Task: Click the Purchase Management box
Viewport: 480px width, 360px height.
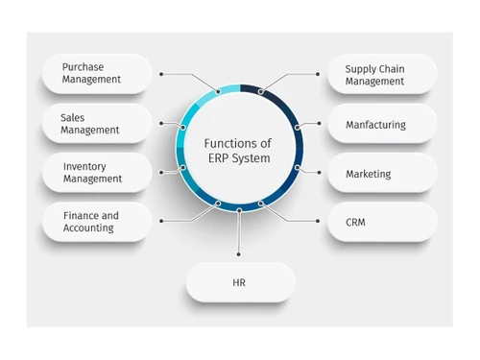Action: pos(96,74)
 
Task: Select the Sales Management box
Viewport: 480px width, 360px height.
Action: pos(96,124)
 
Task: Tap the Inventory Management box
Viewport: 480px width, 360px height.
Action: pos(96,173)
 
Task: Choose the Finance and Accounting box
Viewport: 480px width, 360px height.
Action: pos(96,222)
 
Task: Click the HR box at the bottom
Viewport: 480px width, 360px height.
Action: pos(240,283)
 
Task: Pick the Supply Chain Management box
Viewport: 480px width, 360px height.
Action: pos(382,74)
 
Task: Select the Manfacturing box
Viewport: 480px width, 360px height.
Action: pos(382,124)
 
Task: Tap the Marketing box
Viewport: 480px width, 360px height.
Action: pos(382,174)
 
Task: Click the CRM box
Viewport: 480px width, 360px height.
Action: pos(382,222)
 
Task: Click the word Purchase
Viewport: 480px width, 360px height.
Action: pos(84,67)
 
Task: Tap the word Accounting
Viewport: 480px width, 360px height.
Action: pos(88,228)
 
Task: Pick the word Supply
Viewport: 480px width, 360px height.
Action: pos(360,67)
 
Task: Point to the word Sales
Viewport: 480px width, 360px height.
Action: pos(73,117)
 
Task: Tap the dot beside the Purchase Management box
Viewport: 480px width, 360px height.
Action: pos(162,74)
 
